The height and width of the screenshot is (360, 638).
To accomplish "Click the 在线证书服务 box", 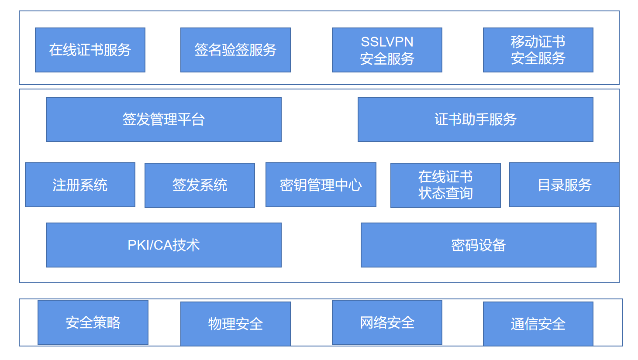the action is [x=90, y=50].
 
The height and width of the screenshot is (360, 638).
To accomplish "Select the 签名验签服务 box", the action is [x=235, y=50].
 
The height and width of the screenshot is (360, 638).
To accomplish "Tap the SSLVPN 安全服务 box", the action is [x=387, y=50].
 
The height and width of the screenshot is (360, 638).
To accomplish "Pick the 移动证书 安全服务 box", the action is [x=538, y=50].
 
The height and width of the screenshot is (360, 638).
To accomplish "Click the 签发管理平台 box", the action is [x=164, y=119].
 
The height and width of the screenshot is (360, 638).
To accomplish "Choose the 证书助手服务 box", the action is [x=476, y=119].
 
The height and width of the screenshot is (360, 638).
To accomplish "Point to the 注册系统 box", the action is [x=80, y=185].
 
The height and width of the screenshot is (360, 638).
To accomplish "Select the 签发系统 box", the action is [x=200, y=185].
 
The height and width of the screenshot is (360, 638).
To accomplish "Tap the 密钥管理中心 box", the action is [x=321, y=185].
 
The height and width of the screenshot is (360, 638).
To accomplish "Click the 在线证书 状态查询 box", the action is [x=445, y=185].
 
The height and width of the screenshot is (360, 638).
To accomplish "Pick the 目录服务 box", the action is [x=564, y=185].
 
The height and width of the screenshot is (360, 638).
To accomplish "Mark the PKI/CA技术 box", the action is [x=164, y=245].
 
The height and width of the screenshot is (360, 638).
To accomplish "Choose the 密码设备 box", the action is [x=479, y=245].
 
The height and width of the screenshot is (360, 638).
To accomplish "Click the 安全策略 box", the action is [x=93, y=322].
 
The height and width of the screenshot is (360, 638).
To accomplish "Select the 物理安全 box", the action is [x=235, y=324].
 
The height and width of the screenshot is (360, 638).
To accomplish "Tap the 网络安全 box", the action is [x=387, y=322].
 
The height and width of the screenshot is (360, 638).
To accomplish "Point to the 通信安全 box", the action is [x=538, y=324].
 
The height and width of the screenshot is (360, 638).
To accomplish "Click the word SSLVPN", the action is [x=387, y=42].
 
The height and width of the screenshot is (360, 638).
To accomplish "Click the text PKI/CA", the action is [x=149, y=245].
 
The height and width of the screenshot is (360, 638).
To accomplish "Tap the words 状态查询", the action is [x=445, y=193].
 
